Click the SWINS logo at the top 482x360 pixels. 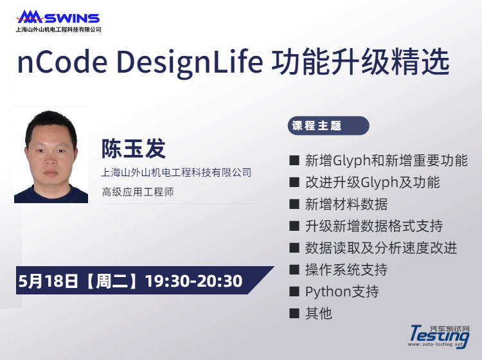pyautogui.click(x=58, y=17)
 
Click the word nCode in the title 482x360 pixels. pyautogui.click(x=62, y=62)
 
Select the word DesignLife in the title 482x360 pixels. pyautogui.click(x=190, y=64)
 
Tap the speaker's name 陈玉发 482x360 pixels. pyautogui.click(x=134, y=148)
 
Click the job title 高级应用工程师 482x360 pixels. pyautogui.click(x=138, y=192)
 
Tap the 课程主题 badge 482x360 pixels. pyautogui.click(x=328, y=125)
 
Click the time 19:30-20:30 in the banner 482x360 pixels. pyautogui.click(x=193, y=281)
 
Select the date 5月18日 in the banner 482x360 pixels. pyautogui.click(x=48, y=281)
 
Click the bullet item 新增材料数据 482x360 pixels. pyautogui.click(x=346, y=204)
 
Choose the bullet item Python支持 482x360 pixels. pyautogui.click(x=342, y=291)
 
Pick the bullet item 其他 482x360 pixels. pyautogui.click(x=319, y=313)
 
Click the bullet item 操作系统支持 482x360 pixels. pyautogui.click(x=346, y=269)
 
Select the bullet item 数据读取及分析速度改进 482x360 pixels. pyautogui.click(x=381, y=248)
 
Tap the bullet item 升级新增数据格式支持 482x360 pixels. pyautogui.click(x=374, y=226)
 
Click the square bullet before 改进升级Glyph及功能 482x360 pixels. pyautogui.click(x=294, y=183)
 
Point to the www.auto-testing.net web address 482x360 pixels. pyautogui.click(x=436, y=345)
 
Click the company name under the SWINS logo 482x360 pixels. pyautogui.click(x=58, y=30)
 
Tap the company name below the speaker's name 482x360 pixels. pyautogui.click(x=176, y=172)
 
